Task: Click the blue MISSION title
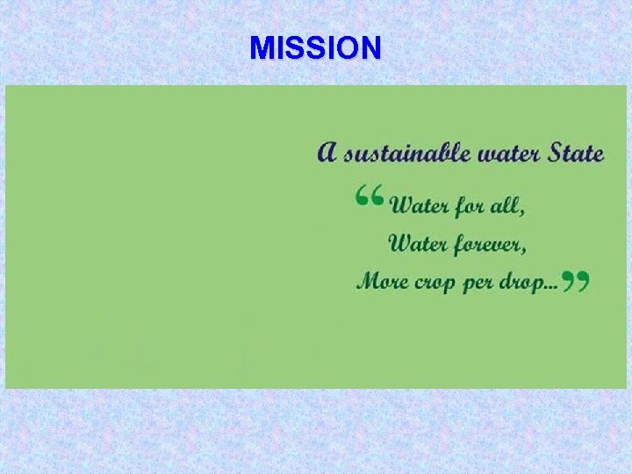tap(315, 48)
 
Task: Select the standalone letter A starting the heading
tap(327, 153)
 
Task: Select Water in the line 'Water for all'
tap(420, 206)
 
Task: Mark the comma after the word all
tap(524, 212)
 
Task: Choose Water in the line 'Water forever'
tap(419, 243)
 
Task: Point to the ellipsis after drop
tap(552, 287)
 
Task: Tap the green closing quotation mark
tap(575, 281)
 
